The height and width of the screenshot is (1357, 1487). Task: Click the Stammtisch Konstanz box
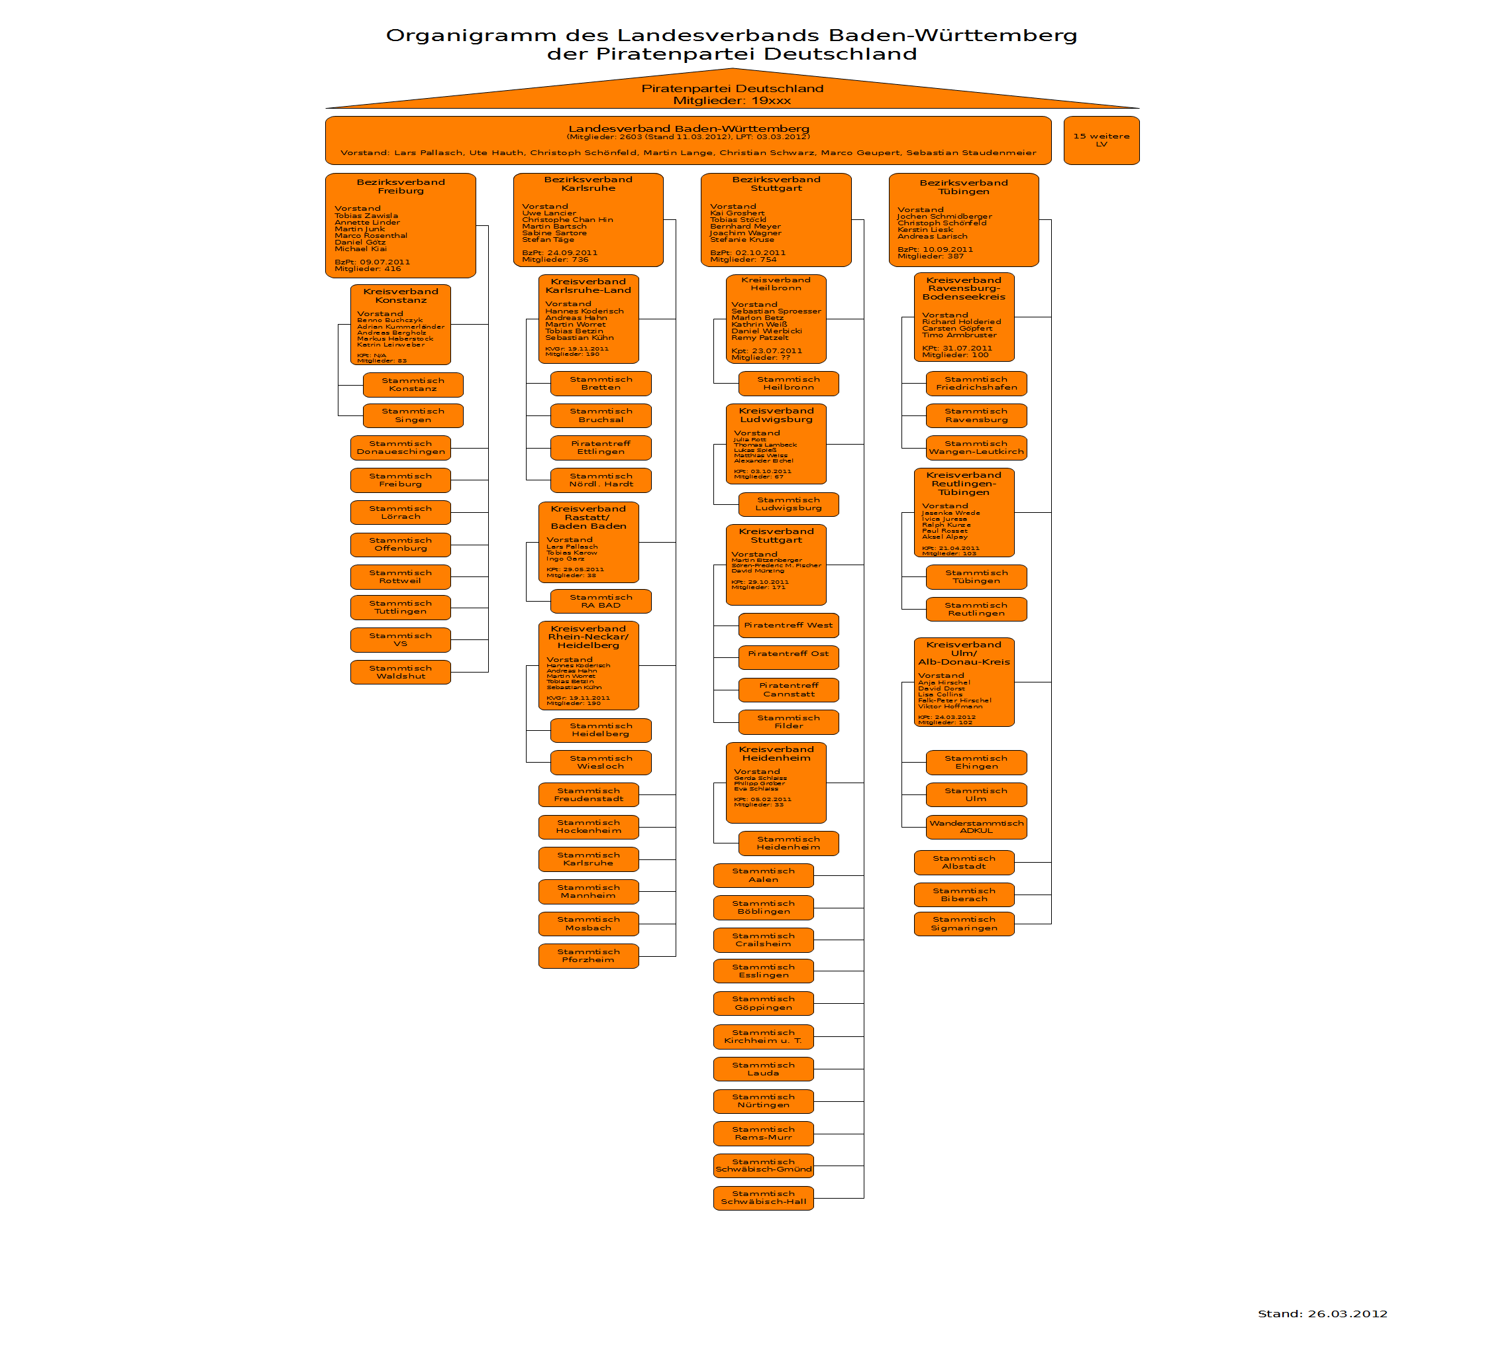click(413, 384)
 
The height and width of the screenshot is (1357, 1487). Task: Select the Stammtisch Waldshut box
click(401, 673)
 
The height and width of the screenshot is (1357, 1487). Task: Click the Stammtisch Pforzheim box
click(588, 956)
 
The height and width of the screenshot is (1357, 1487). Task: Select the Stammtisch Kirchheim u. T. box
click(764, 1037)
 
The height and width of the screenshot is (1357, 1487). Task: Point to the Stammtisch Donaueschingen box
click(401, 448)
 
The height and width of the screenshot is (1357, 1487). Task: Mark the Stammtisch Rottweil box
click(401, 577)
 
